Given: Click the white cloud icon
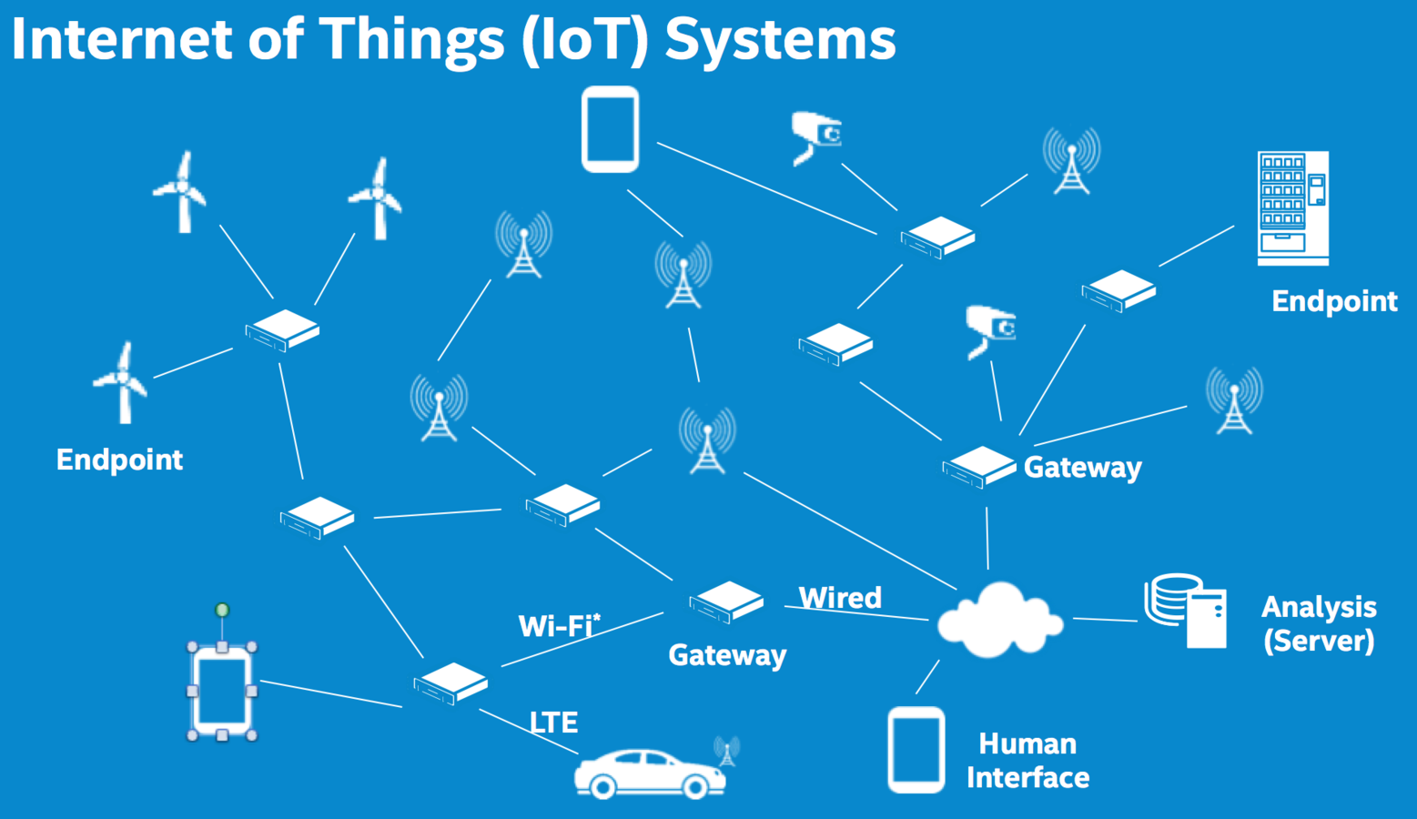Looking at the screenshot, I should [x=999, y=622].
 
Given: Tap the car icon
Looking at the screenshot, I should [x=649, y=774].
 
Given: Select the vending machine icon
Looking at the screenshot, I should [x=1292, y=208].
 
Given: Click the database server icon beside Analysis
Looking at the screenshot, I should [x=1186, y=611].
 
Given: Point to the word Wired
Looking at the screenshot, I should [x=840, y=598].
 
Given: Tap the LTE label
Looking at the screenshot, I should [x=553, y=723].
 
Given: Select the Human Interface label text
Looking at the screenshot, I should [x=1027, y=761].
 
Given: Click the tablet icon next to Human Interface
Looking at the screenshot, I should [x=916, y=750].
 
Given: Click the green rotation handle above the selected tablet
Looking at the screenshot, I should [x=222, y=610].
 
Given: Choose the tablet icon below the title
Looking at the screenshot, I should [x=610, y=129].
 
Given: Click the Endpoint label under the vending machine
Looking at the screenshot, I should [x=1334, y=301].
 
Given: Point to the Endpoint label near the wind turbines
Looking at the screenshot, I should [x=119, y=460].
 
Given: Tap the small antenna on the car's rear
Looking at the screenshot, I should [x=726, y=751].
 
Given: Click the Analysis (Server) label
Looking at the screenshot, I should [x=1319, y=623].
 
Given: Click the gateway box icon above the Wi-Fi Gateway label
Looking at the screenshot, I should [x=725, y=602].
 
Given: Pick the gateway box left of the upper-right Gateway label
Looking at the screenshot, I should [x=978, y=467].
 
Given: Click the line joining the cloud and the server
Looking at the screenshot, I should [x=1105, y=620].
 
